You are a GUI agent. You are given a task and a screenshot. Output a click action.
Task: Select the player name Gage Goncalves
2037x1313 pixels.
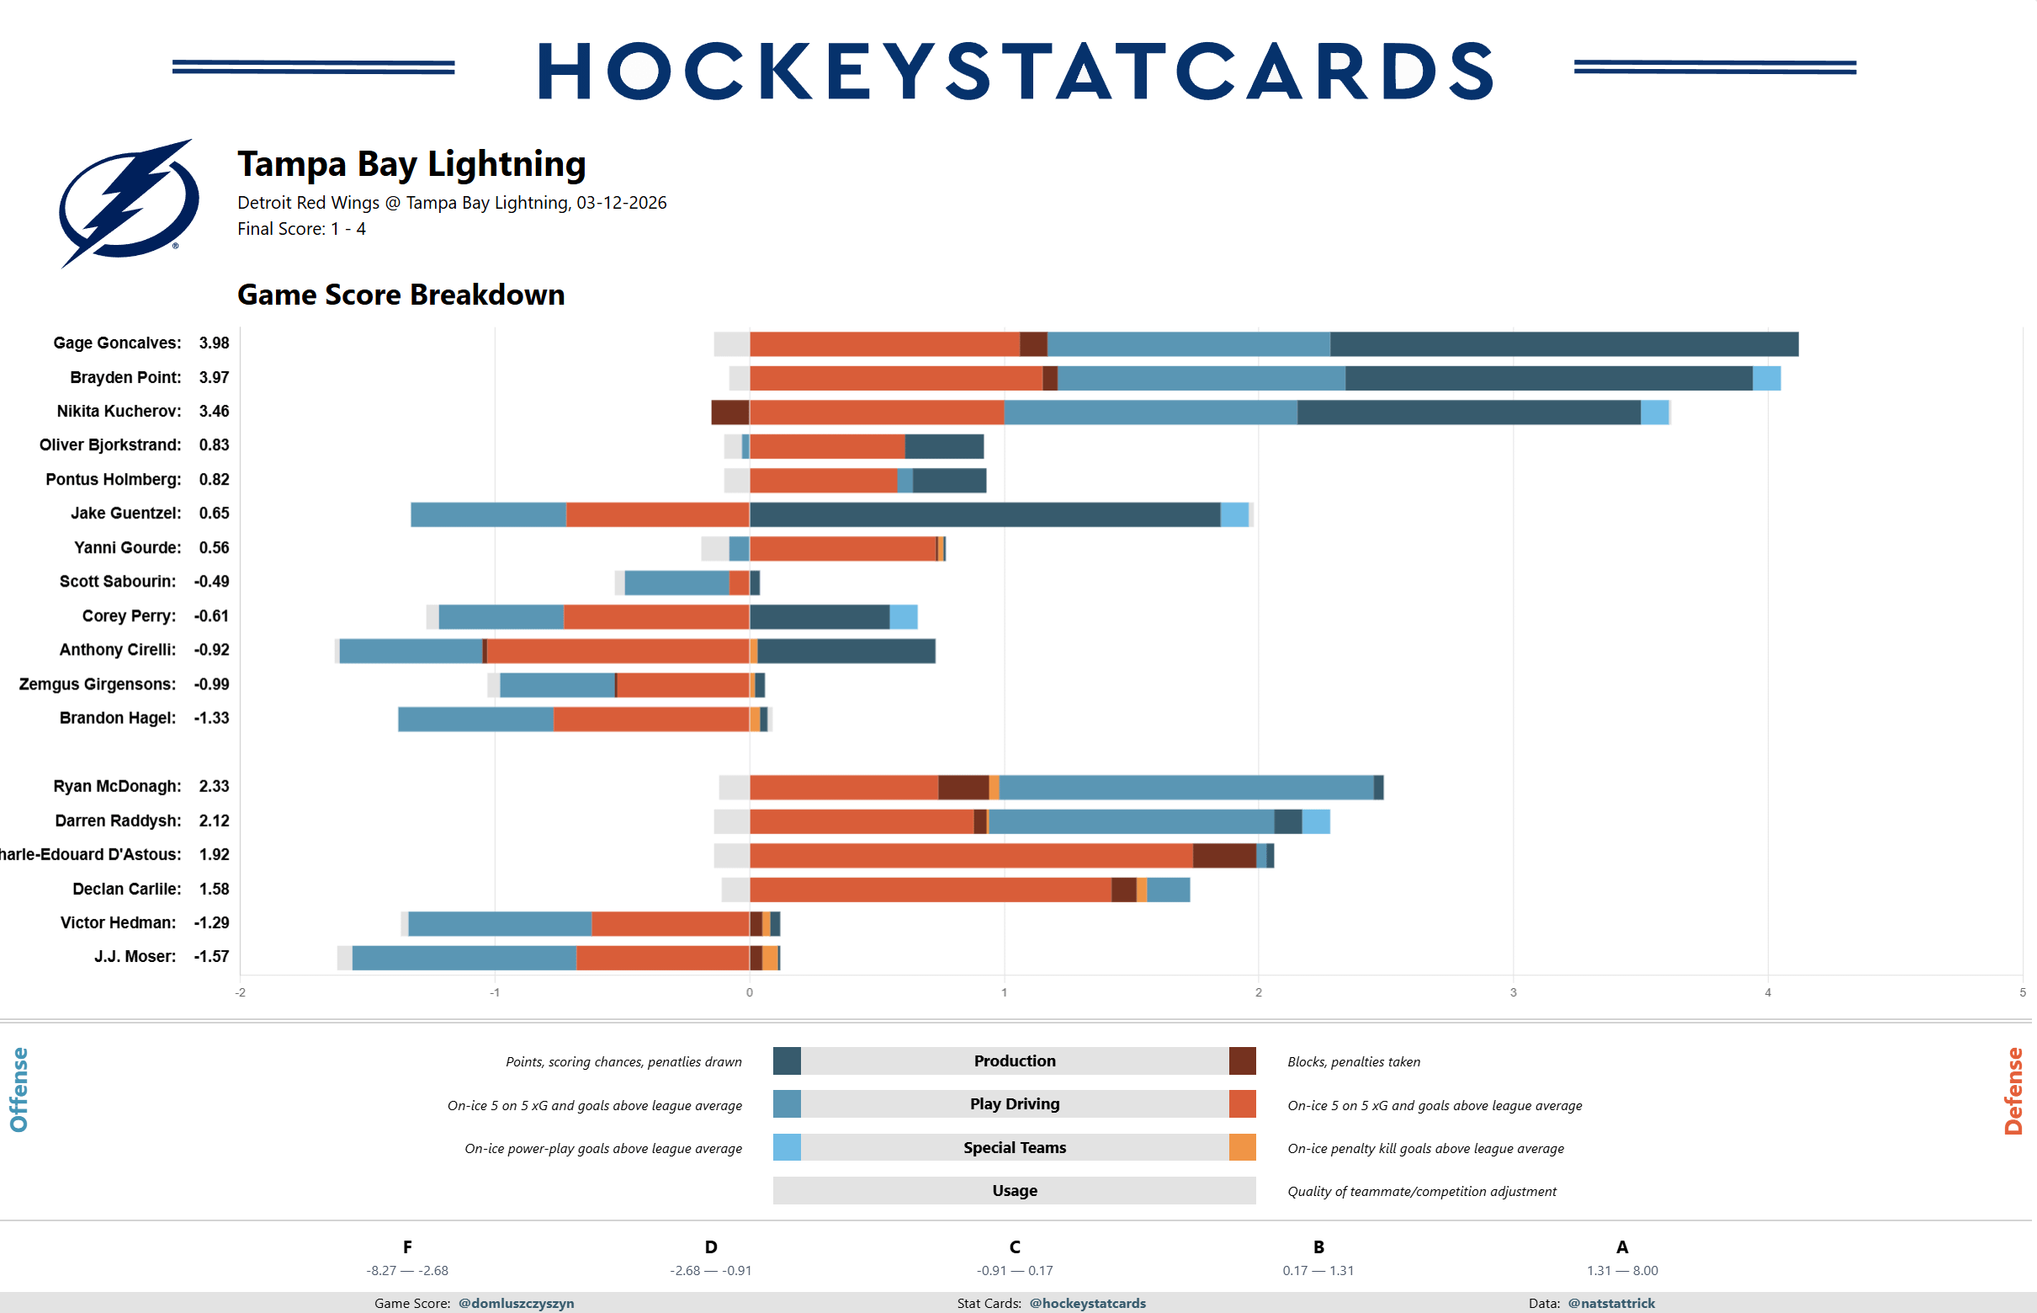pos(117,343)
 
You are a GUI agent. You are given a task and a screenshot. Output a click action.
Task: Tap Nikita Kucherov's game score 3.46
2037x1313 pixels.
pos(214,411)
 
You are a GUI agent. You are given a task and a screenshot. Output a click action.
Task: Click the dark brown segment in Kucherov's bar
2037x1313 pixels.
pos(730,412)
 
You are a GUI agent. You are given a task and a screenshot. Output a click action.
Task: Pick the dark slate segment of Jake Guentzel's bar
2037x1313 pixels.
pos(984,514)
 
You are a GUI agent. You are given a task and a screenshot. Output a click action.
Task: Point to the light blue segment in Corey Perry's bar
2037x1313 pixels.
pos(904,616)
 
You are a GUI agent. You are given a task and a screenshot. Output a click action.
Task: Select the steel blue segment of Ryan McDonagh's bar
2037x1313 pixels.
pos(1186,787)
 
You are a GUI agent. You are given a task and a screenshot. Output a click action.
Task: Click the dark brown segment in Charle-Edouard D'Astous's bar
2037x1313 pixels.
pos(1224,855)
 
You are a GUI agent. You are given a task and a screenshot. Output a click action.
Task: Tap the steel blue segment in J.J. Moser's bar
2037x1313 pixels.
pos(464,958)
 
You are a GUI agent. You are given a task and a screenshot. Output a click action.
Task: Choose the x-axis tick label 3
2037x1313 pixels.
pos(1513,992)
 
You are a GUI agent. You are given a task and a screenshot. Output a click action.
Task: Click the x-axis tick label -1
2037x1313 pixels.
pos(495,992)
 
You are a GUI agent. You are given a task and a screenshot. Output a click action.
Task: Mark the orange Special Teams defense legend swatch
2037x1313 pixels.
pos(1242,1146)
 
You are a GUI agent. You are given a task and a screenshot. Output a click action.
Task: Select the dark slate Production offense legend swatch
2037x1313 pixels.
pos(787,1060)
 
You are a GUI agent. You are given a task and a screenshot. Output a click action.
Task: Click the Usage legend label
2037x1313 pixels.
pos(1014,1190)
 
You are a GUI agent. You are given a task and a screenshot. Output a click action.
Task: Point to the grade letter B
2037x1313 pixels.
pos(1318,1247)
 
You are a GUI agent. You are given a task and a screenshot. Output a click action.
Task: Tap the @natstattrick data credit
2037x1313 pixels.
pos(1611,1303)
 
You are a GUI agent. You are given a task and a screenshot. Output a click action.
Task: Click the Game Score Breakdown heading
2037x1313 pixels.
pos(401,294)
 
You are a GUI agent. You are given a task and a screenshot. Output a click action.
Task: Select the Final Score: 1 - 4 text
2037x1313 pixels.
pos(301,228)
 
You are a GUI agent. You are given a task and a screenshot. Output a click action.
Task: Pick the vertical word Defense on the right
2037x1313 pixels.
pos(2013,1091)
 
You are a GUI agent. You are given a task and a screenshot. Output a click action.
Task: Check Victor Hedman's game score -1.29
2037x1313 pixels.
pos(211,922)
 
